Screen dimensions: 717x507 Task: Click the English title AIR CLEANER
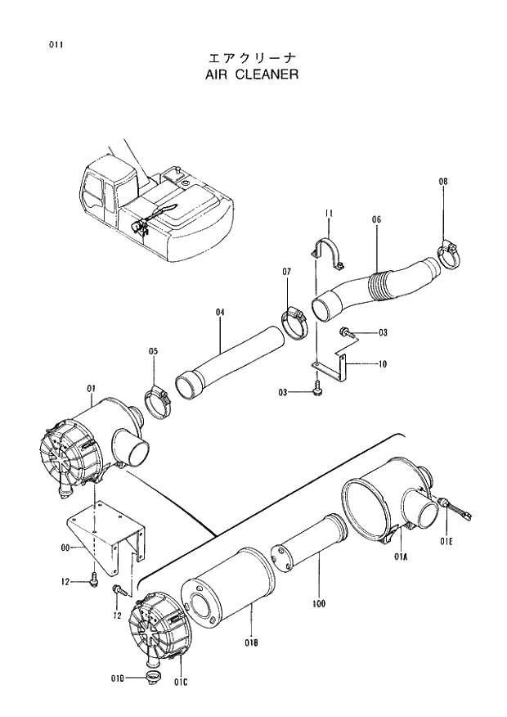pos(253,74)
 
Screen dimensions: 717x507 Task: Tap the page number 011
pos(55,43)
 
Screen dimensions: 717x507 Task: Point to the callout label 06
pos(376,219)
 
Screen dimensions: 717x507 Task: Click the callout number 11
pos(328,214)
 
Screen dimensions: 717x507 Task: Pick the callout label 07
pos(287,271)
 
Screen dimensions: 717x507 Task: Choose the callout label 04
pos(220,312)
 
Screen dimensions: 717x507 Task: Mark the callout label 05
pos(153,352)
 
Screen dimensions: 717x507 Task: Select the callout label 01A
pos(400,557)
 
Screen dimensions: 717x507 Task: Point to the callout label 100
pos(318,604)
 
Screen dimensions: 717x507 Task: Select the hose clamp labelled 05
pos(158,402)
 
